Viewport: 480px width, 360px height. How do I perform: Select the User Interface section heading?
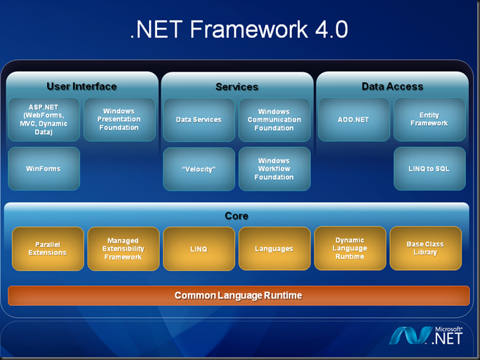(82, 86)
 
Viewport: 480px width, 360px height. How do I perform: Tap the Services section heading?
(236, 87)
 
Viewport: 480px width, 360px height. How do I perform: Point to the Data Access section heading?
(392, 86)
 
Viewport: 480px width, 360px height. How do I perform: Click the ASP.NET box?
(44, 120)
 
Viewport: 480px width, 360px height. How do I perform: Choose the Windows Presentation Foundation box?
(119, 120)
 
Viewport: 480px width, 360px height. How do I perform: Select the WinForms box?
(44, 169)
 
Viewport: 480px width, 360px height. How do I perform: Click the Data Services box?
(198, 120)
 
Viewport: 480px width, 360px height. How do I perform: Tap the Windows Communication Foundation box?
(274, 120)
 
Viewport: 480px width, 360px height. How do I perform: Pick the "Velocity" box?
(198, 169)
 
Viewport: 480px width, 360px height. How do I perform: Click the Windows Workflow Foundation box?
(274, 169)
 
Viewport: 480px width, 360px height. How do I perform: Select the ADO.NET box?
(353, 120)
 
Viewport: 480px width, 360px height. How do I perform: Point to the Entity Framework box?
(429, 120)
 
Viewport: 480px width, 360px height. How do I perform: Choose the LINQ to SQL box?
(429, 169)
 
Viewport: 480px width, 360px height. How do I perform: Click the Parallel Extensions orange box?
(48, 249)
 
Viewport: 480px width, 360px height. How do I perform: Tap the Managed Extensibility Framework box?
(123, 249)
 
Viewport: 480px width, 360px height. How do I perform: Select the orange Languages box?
(274, 249)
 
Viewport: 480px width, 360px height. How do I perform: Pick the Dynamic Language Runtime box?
(350, 248)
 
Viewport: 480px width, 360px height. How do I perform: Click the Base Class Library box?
(425, 248)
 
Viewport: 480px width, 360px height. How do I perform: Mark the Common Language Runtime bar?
(238, 295)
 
